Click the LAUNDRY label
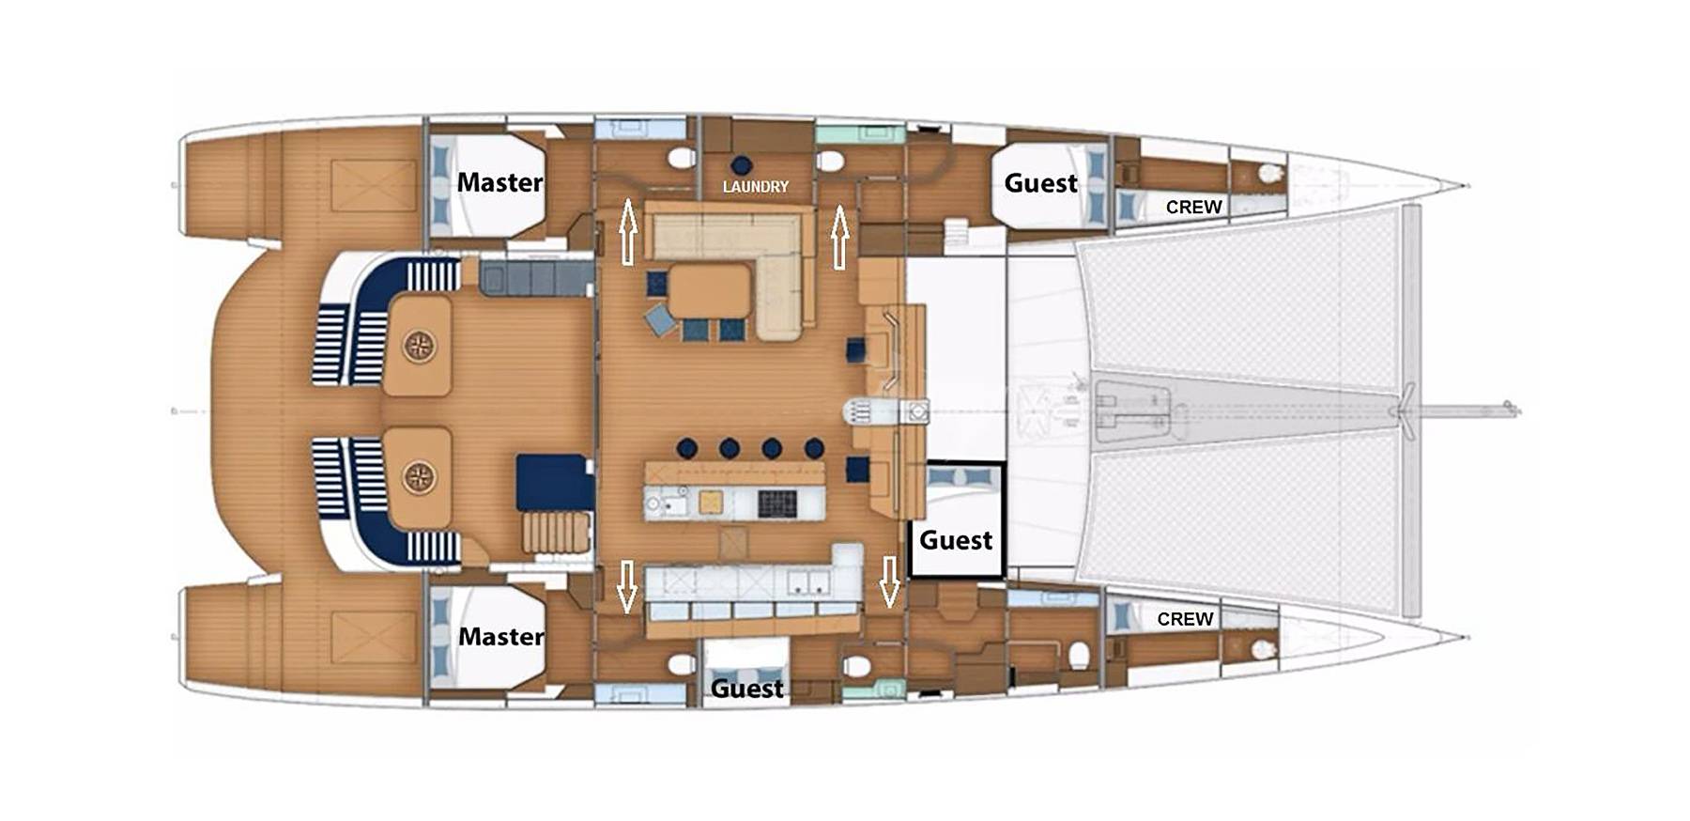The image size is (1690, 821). pos(755,187)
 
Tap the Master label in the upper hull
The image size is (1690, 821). pos(499,182)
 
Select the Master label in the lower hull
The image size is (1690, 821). pos(500,636)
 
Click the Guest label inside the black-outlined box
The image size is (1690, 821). pos(956,540)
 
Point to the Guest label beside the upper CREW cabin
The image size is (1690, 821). pos(1040,183)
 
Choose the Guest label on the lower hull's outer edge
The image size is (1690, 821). pos(746,689)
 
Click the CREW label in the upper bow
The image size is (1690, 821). pos(1193,207)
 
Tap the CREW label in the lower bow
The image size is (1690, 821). pos(1185,619)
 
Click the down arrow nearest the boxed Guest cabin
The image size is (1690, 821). pos(889,581)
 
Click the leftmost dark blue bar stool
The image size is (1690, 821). pos(687,448)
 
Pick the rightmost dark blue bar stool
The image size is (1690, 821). pos(814,448)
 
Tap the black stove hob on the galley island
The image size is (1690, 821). pos(776,503)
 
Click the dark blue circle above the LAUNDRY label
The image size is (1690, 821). pos(742,164)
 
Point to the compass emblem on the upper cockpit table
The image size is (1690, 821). pos(419,346)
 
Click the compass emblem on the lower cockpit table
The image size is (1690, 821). pos(419,477)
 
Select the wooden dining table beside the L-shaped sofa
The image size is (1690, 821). pos(711,291)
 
